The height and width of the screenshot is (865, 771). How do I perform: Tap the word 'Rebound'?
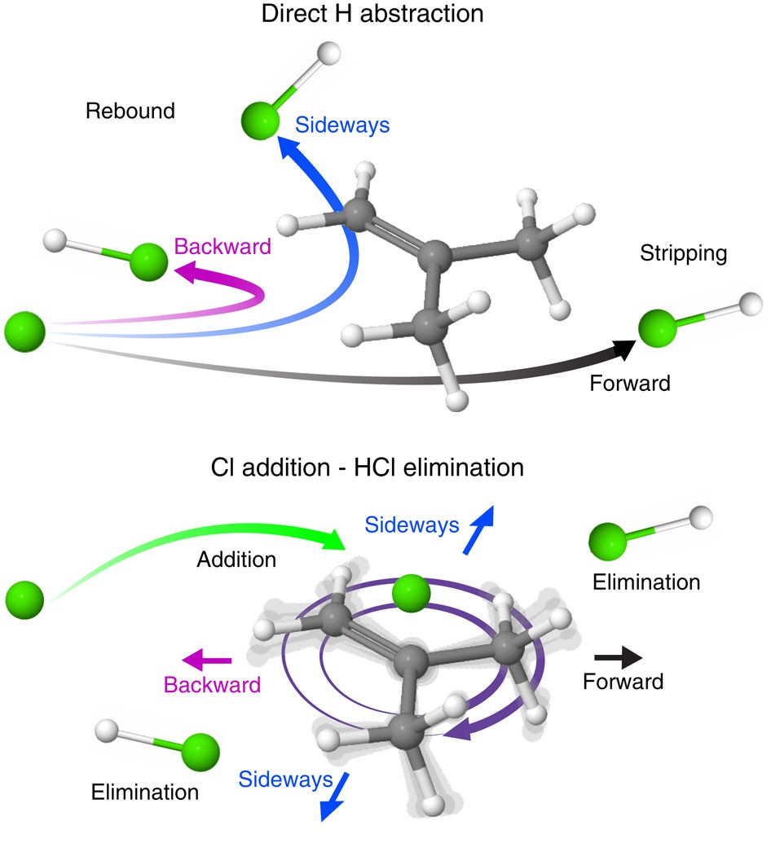pos(130,111)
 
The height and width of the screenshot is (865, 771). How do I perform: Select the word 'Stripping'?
pos(684,253)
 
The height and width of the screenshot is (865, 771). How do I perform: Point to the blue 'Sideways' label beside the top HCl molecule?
pos(342,125)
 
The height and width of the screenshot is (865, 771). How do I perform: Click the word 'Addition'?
pos(236,560)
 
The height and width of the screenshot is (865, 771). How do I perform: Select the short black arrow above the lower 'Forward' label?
pos(619,656)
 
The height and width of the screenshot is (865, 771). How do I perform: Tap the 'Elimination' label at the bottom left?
pos(145,792)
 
